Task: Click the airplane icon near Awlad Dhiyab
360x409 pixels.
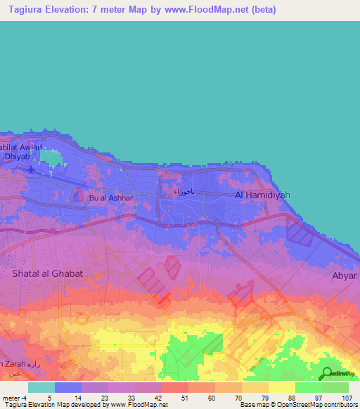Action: pyautogui.click(x=30, y=169)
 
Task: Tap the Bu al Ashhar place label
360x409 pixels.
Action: pyautogui.click(x=110, y=198)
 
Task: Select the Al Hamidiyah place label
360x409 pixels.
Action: pyautogui.click(x=262, y=195)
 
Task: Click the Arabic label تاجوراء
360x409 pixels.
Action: pyautogui.click(x=185, y=191)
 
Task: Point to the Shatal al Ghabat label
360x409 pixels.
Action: pyautogui.click(x=48, y=273)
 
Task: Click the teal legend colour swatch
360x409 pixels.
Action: pyautogui.click(x=41, y=387)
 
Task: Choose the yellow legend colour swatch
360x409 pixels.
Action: pyautogui.click(x=281, y=387)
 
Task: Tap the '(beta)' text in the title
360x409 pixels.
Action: pyautogui.click(x=260, y=10)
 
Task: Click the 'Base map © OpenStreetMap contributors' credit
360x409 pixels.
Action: pyautogui.click(x=298, y=405)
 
